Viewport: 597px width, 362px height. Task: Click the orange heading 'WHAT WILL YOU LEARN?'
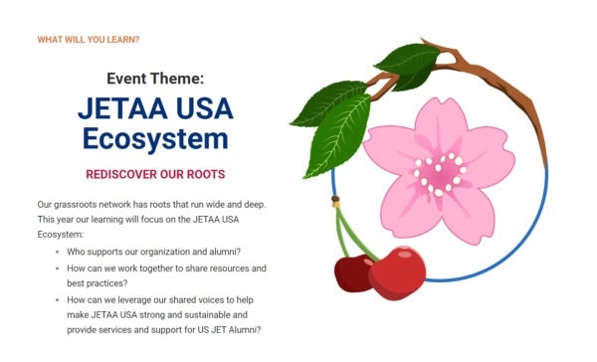[x=89, y=40]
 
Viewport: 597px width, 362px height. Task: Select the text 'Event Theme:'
[x=155, y=79]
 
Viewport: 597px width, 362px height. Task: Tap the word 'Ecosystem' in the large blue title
[x=155, y=139]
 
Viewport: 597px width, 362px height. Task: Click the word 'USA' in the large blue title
[x=205, y=108]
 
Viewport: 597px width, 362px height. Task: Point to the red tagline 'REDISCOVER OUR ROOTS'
[x=155, y=174]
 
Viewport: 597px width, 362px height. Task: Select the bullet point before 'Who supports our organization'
[x=57, y=252]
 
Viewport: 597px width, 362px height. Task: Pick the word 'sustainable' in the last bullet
[x=207, y=315]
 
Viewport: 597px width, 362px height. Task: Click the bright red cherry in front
[x=397, y=273]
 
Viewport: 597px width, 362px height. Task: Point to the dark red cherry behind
[x=352, y=273]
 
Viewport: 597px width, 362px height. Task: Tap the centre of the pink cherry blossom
[x=440, y=174]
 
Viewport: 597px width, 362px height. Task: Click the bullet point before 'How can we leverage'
[x=57, y=300]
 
